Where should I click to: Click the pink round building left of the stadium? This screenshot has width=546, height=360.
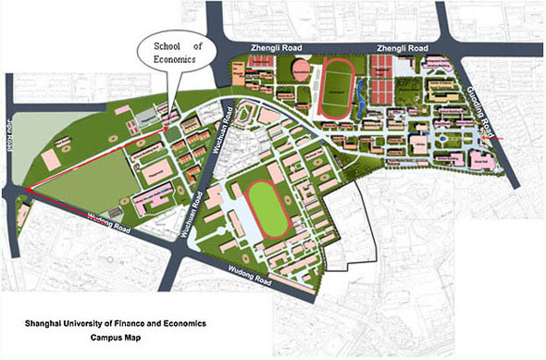point(302,68)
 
